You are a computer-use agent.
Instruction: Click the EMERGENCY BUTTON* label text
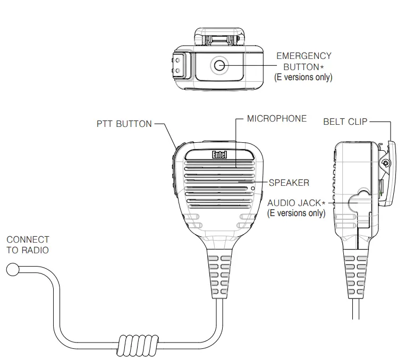pos(303,61)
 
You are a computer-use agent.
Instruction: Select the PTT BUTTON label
pos(124,124)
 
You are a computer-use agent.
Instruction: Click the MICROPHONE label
pos(277,118)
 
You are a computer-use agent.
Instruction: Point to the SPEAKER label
pos(289,183)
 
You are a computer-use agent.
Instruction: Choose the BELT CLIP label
pos(345,122)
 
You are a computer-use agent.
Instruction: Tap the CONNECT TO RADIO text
pos(28,245)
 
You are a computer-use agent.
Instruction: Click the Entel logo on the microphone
pos(220,155)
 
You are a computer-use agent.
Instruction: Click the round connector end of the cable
pos(12,270)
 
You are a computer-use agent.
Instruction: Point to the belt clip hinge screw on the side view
pos(386,162)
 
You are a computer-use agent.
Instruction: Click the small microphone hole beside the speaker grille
pos(253,188)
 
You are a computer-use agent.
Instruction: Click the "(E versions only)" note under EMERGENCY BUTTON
pos(303,78)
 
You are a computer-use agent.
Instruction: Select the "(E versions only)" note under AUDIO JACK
pos(295,213)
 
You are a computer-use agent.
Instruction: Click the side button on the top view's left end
pos(179,66)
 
